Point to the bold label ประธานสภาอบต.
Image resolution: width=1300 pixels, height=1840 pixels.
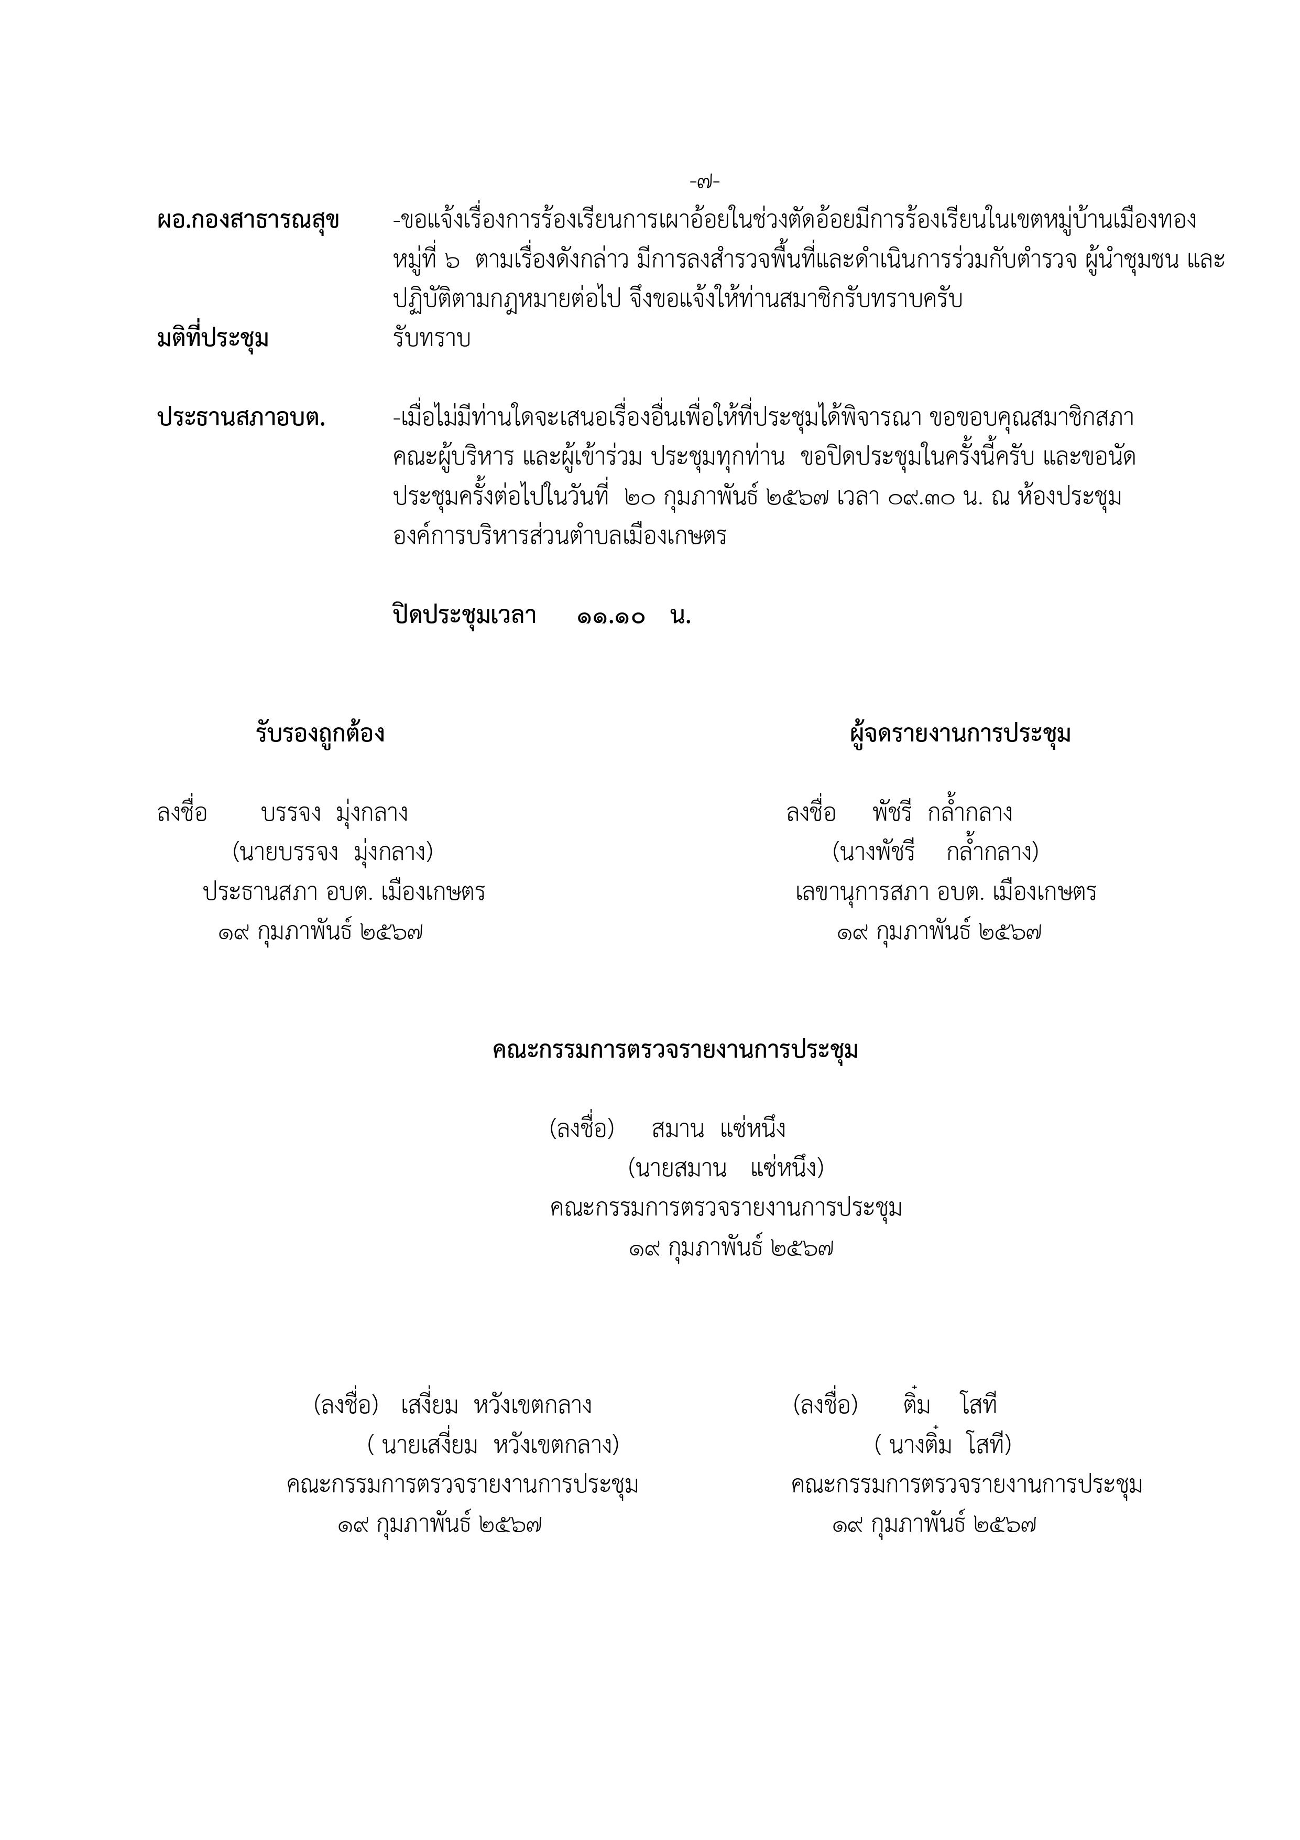[241, 417]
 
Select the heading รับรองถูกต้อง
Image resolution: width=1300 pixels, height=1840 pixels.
[320, 733]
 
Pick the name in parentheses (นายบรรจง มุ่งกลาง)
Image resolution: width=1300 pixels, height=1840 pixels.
[332, 852]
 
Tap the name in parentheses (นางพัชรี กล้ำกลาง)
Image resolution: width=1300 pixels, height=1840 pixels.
[935, 852]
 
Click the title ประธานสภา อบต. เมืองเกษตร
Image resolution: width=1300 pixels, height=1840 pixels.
[344, 892]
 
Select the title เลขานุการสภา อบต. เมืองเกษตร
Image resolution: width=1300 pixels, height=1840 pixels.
[946, 892]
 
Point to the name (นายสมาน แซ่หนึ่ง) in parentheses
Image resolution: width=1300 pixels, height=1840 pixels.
[726, 1168]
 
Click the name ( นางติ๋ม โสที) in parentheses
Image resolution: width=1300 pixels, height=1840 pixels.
[943, 1445]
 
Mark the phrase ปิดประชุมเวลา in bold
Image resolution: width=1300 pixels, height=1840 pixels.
[464, 616]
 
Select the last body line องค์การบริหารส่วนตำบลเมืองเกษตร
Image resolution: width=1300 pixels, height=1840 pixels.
[559, 536]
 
